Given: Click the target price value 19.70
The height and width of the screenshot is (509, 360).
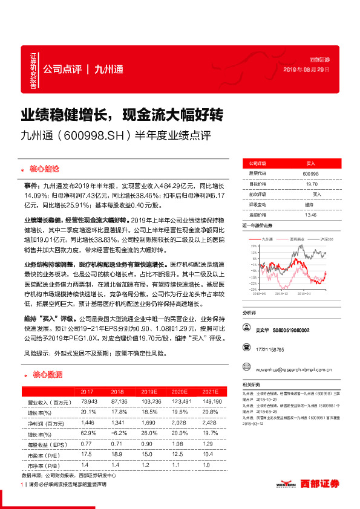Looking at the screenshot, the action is (312, 184).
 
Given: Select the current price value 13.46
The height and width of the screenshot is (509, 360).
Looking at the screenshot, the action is (311, 215).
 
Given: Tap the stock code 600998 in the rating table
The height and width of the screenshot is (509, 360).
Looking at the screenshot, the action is (311, 173).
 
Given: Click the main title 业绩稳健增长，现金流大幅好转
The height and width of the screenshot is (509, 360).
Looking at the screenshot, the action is (123, 115).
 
